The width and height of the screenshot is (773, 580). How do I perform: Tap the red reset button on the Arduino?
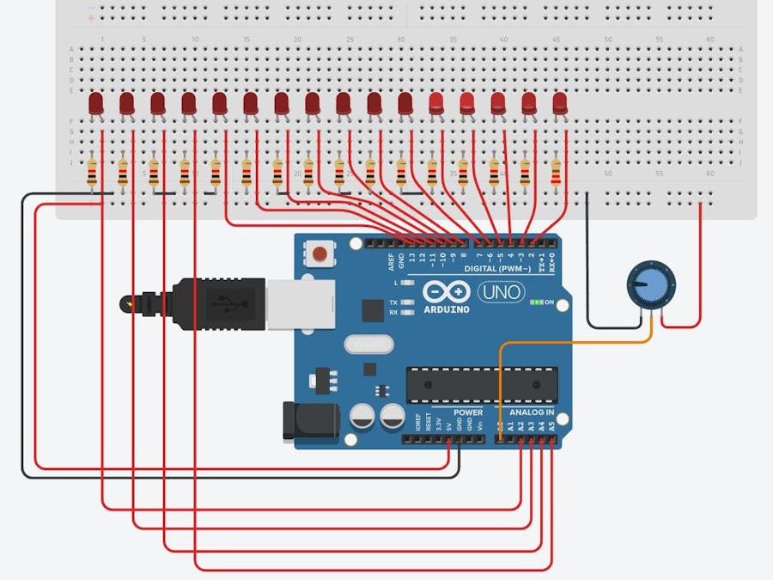click(320, 253)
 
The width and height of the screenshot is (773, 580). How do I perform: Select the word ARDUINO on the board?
click(446, 309)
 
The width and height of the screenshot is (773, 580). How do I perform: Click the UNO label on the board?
click(500, 292)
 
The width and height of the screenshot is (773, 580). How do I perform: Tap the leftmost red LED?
click(96, 106)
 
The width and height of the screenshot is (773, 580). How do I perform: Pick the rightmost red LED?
click(560, 104)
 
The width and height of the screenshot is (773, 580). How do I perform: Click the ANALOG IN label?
click(533, 412)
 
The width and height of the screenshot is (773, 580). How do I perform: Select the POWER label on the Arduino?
click(468, 412)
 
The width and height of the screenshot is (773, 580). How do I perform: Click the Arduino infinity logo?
click(445, 291)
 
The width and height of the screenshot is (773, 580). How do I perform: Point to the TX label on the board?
click(393, 303)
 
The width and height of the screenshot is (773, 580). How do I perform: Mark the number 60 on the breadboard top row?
click(709, 40)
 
